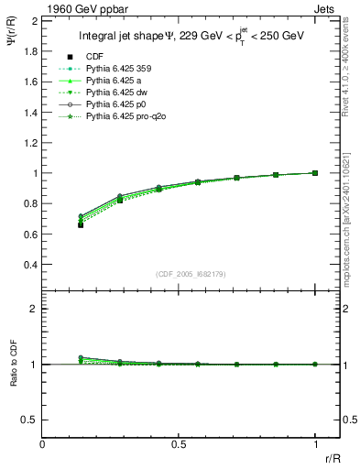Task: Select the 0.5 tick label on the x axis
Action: [179, 443]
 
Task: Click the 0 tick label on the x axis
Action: [43, 443]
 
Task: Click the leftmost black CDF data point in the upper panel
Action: [81, 224]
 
